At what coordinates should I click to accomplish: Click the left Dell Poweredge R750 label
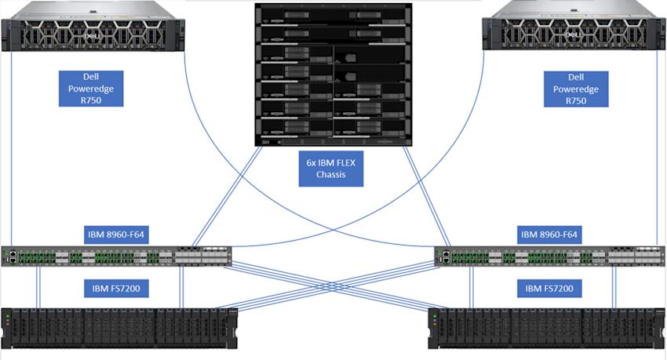point(90,89)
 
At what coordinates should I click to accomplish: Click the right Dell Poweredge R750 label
point(576,89)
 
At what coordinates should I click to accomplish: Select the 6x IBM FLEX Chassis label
point(332,169)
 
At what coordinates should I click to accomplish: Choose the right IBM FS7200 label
point(550,289)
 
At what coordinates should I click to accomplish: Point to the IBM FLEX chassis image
point(333,75)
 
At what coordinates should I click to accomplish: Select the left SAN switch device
point(117,256)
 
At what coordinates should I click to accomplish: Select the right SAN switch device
point(549,256)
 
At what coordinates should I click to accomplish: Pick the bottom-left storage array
point(118,328)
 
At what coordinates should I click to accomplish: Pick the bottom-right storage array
point(547,328)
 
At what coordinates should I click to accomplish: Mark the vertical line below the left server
point(12,149)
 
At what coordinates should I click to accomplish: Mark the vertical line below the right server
point(657,149)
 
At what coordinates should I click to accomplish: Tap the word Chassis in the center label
point(332,176)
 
